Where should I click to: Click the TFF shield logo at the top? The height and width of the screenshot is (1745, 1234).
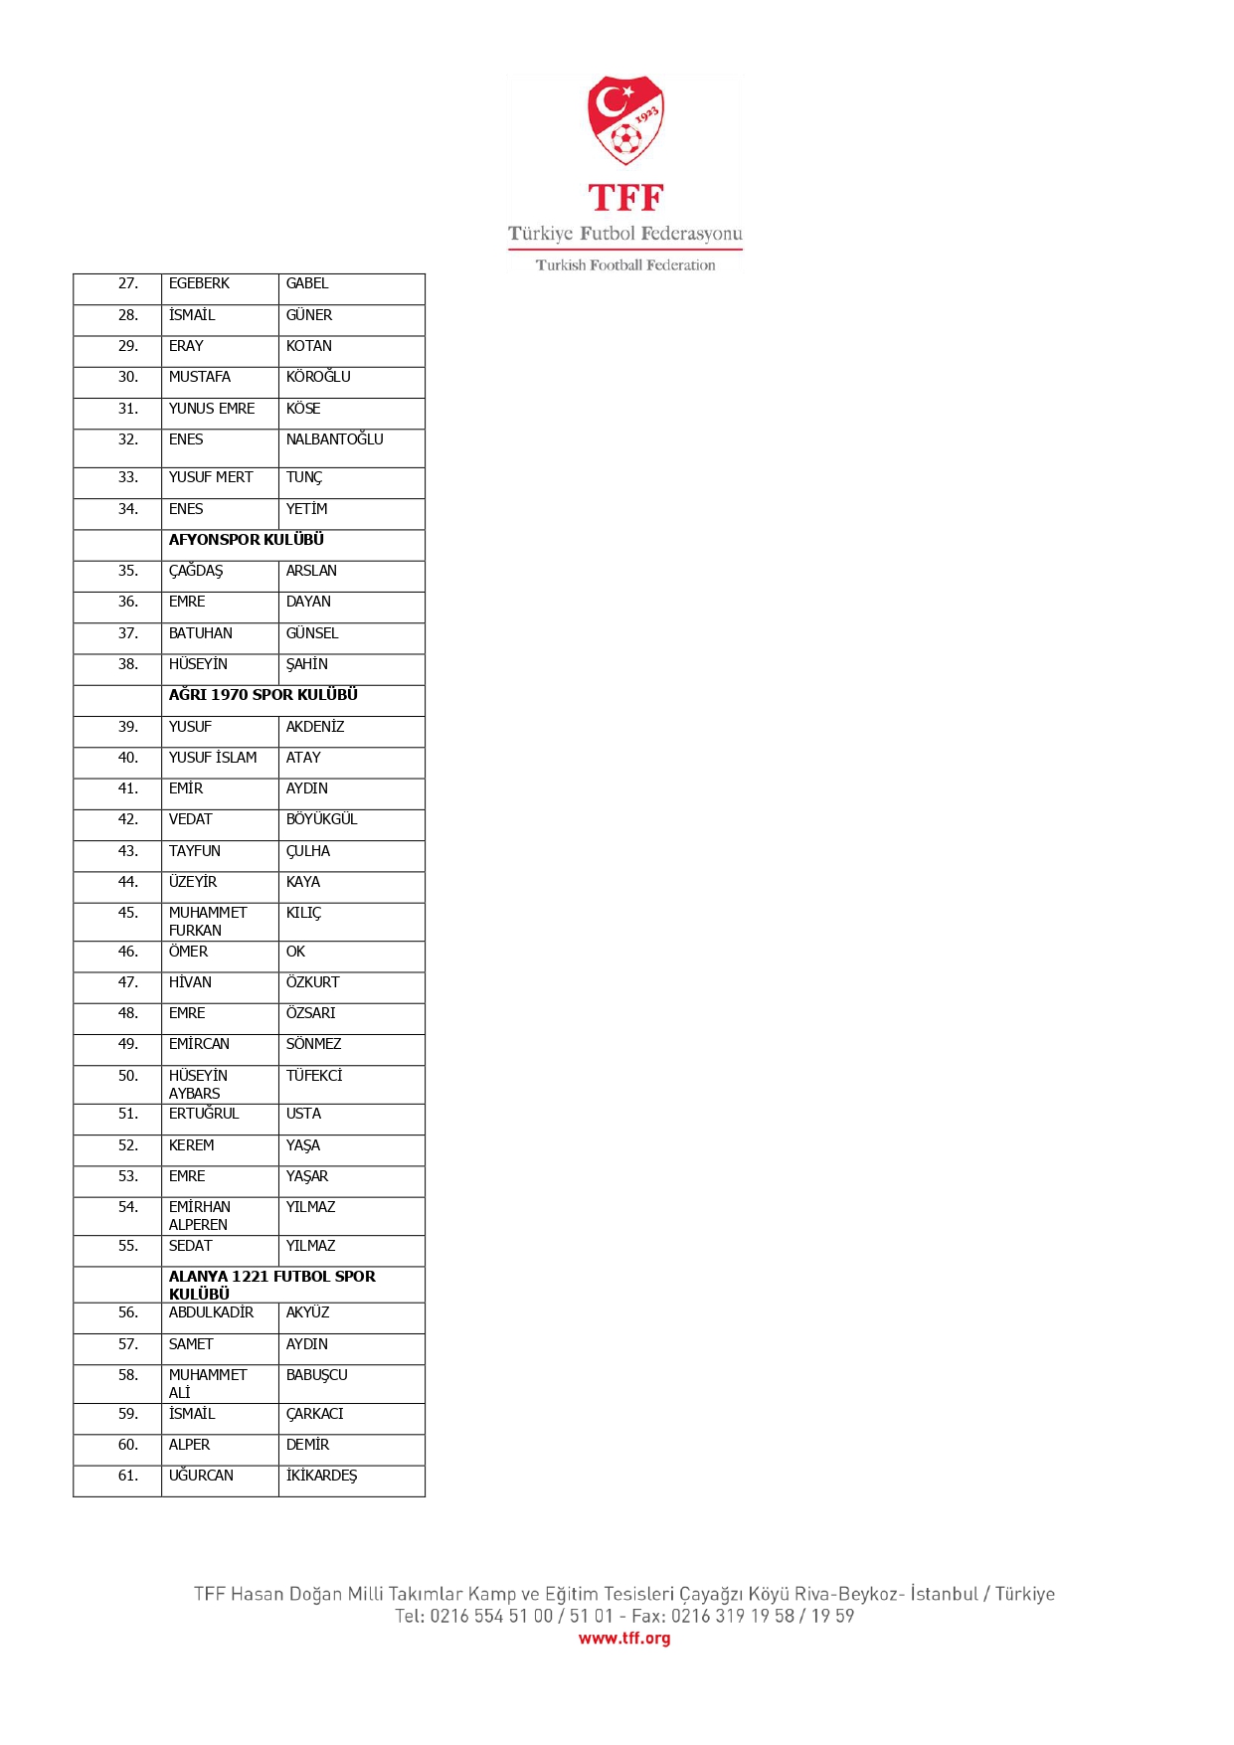pyautogui.click(x=625, y=120)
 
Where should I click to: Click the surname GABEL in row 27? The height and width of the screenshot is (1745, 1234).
pyautogui.click(x=307, y=284)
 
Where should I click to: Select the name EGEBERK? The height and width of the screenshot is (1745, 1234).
pyautogui.click(x=199, y=284)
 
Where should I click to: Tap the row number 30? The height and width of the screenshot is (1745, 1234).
pyautogui.click(x=128, y=378)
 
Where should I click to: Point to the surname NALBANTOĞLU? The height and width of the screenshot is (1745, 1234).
pyautogui.click(x=334, y=439)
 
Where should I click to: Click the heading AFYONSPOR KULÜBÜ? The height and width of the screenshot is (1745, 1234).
pyautogui.click(x=247, y=540)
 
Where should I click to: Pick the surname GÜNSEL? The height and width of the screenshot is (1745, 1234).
pyautogui.click(x=312, y=633)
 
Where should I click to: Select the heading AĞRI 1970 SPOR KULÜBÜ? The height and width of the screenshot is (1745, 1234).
pyautogui.click(x=264, y=695)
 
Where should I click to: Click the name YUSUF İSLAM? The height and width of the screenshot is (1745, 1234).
pyautogui.click(x=213, y=758)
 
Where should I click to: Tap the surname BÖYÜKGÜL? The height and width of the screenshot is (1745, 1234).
pyautogui.click(x=321, y=819)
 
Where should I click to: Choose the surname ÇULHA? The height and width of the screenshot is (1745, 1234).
pyautogui.click(x=308, y=851)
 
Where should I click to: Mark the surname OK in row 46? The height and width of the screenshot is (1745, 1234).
pyautogui.click(x=295, y=952)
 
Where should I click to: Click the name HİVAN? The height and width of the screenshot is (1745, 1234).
pyautogui.click(x=190, y=982)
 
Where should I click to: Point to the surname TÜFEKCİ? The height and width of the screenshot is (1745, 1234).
pyautogui.click(x=314, y=1076)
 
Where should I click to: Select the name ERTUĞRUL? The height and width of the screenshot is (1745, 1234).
pyautogui.click(x=204, y=1114)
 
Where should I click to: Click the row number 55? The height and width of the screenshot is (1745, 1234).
pyautogui.click(x=128, y=1246)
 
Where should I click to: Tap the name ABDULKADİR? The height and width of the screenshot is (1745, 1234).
pyautogui.click(x=211, y=1312)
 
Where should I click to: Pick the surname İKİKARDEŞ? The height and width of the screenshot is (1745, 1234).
pyautogui.click(x=321, y=1476)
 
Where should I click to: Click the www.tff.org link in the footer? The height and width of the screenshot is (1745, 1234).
pyautogui.click(x=624, y=1638)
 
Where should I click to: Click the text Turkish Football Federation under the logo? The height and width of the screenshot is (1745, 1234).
pyautogui.click(x=625, y=265)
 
